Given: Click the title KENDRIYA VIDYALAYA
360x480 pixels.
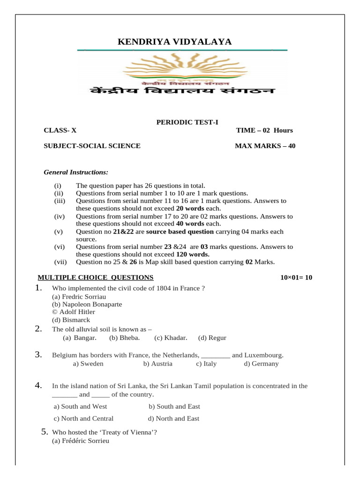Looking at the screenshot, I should point(174,42).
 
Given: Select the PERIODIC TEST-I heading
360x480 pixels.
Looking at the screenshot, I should point(187,122).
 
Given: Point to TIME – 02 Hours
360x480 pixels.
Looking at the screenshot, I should point(264,130).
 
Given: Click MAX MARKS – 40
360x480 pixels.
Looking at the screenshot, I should point(265,146).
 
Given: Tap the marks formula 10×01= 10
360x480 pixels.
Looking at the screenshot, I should point(296,277).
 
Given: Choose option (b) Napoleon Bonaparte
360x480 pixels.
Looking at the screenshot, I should point(87,304).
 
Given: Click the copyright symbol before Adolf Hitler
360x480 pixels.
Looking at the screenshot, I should point(54,312).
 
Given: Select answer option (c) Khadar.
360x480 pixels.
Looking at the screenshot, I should point(171,337).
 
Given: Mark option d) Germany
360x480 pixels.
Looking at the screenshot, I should point(261,363).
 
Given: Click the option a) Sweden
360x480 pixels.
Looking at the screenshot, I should point(88,363).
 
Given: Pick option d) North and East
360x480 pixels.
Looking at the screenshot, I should point(173,419).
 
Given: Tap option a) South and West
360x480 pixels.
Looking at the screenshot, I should point(80,406).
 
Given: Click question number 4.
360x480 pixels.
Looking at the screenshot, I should point(39,386).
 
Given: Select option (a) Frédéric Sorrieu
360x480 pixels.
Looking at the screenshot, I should point(80,441).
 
